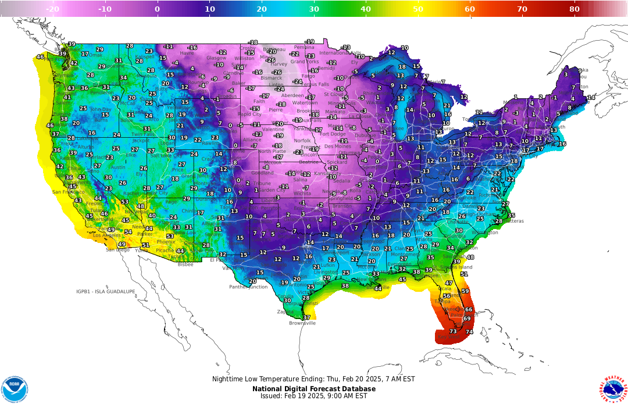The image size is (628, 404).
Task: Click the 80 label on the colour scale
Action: pyautogui.click(x=574, y=9)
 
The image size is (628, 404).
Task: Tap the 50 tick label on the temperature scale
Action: pyautogui.click(x=418, y=9)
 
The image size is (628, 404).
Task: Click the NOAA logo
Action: pyautogui.click(x=14, y=388)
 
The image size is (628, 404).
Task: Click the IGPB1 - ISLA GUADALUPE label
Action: pyautogui.click(x=106, y=291)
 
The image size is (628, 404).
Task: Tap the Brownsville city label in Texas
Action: pyautogui.click(x=302, y=323)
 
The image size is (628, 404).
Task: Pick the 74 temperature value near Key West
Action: pyautogui.click(x=469, y=331)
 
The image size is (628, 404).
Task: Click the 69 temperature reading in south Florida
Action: pyautogui.click(x=467, y=318)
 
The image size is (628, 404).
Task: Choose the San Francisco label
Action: pyautogui.click(x=65, y=192)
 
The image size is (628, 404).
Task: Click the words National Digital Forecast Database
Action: pyautogui.click(x=313, y=388)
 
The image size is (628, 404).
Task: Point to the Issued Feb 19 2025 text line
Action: pyautogui.click(x=313, y=396)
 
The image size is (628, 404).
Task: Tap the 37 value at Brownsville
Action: pyautogui.click(x=306, y=317)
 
